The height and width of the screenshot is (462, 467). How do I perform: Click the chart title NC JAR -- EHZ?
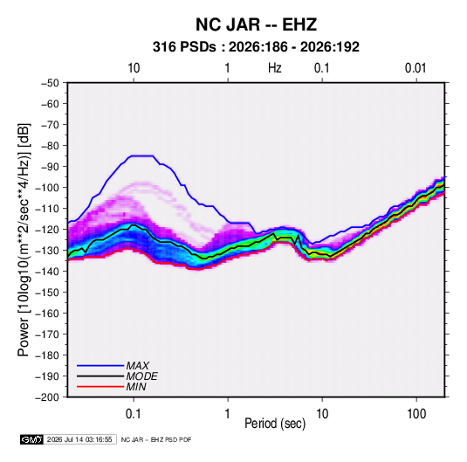[x=256, y=24]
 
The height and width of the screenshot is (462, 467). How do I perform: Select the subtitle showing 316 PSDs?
[x=256, y=47]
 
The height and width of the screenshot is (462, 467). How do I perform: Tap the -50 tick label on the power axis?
[x=50, y=83]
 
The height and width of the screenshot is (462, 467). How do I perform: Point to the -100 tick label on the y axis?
[x=47, y=188]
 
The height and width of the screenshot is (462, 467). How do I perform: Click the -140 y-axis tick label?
[x=47, y=272]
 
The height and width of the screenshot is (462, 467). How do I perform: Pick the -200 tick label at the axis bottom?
[x=47, y=397]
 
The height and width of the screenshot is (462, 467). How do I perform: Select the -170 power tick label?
[x=47, y=334]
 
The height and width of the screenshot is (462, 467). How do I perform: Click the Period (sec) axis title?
[x=275, y=424]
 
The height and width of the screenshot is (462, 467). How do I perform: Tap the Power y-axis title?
[x=24, y=239]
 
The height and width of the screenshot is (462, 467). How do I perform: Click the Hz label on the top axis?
[x=275, y=68]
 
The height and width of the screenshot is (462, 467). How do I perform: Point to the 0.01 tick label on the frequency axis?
[x=415, y=68]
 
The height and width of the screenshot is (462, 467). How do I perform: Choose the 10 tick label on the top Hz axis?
[x=134, y=68]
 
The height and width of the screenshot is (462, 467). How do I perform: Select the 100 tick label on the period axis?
[x=416, y=414]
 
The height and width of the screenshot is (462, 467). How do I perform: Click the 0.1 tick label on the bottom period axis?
[x=134, y=414]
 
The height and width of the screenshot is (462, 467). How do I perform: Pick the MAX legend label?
[x=137, y=366]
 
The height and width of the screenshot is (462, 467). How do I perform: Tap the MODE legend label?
[x=141, y=376]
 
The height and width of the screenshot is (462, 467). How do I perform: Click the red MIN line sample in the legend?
[x=100, y=387]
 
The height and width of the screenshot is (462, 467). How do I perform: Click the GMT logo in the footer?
[x=31, y=439]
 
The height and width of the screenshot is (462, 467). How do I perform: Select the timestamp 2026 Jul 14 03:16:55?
[x=79, y=439]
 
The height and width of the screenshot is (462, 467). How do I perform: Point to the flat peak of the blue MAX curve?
[x=141, y=155]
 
